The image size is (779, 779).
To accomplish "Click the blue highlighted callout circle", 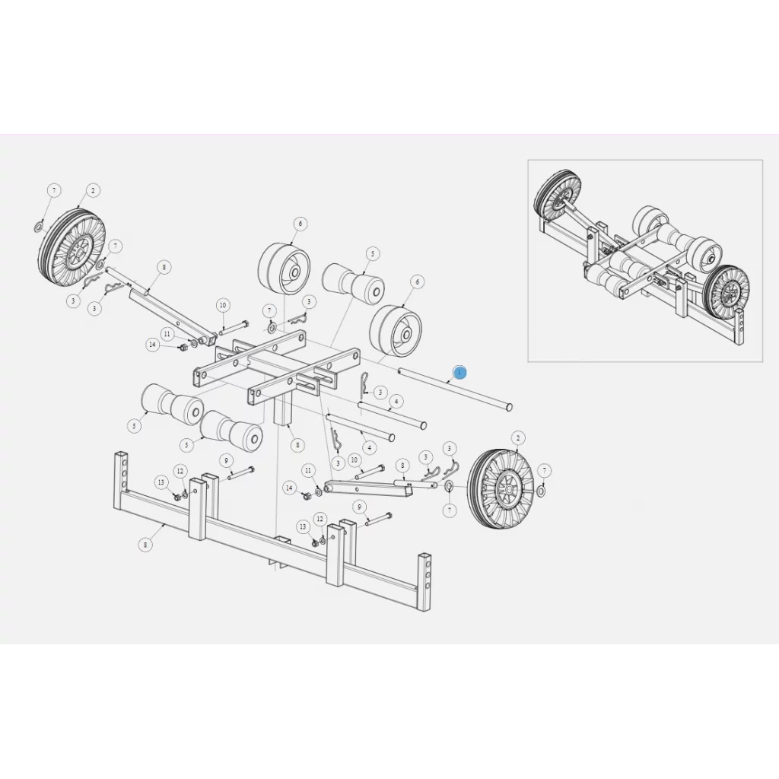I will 459,371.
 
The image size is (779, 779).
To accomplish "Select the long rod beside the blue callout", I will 455,389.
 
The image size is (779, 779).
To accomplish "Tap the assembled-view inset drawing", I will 645,260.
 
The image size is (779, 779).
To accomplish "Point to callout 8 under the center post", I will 296,444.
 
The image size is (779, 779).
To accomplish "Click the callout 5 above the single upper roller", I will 372,253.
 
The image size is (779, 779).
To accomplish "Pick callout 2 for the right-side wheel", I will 519,437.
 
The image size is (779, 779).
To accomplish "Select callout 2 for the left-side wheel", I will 93,190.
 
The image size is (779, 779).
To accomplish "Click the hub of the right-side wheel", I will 506,488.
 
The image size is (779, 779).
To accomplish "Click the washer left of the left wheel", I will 38,227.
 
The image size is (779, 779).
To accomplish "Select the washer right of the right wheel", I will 541,491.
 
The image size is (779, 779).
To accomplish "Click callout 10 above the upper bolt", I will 223,305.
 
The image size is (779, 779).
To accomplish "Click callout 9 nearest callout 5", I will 226,461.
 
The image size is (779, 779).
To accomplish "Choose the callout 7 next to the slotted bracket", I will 269,311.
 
